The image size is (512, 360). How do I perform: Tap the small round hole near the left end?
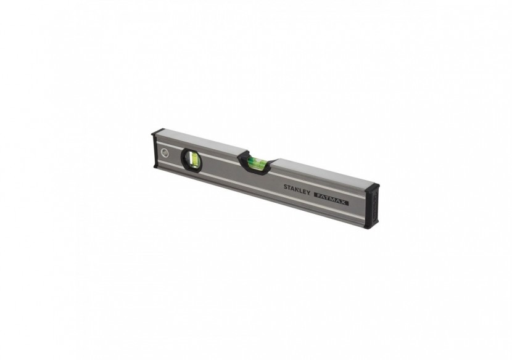pos(163,155)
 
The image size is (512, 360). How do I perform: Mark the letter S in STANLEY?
pos(286,187)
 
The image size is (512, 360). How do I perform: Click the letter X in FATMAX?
pos(344,201)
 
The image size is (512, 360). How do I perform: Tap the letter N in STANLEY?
pos(295,189)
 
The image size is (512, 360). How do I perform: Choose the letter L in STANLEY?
pos(299,190)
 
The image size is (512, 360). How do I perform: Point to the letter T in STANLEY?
pos(289,187)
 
